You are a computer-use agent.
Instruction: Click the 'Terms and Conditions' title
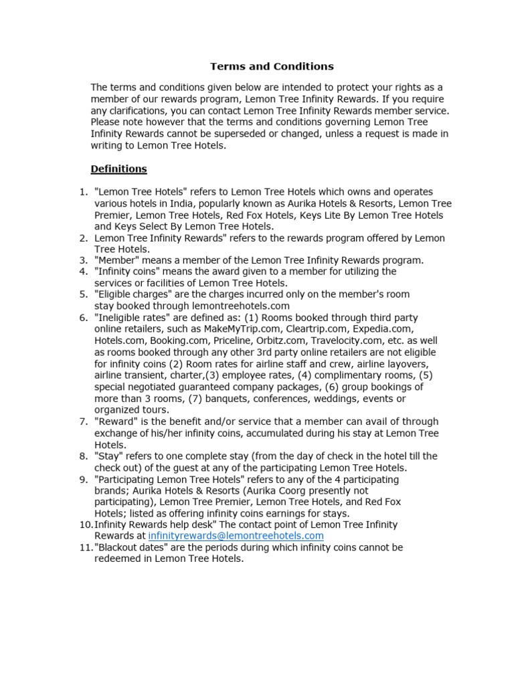[x=272, y=66]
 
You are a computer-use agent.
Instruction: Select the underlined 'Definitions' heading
[x=118, y=169]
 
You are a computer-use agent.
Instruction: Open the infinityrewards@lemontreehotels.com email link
[x=236, y=536]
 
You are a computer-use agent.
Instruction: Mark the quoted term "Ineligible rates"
[x=133, y=318]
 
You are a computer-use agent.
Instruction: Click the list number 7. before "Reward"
[x=84, y=421]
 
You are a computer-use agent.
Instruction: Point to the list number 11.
[x=85, y=547]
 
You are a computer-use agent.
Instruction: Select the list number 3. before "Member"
[x=84, y=260]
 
